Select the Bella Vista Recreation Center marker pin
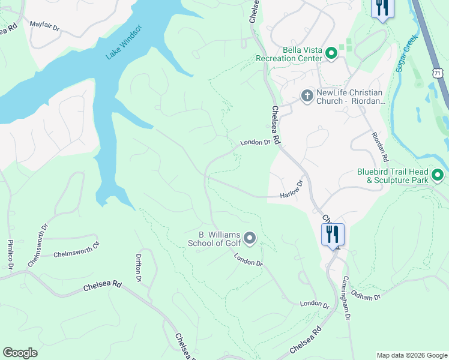[330, 55]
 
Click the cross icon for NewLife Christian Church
[306, 96]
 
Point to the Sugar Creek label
[406, 53]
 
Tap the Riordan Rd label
[379, 146]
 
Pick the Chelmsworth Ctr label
[76, 254]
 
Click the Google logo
[20, 353]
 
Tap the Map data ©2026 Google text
[412, 355]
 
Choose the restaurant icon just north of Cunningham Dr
[333, 234]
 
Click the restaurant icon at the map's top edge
[382, 8]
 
